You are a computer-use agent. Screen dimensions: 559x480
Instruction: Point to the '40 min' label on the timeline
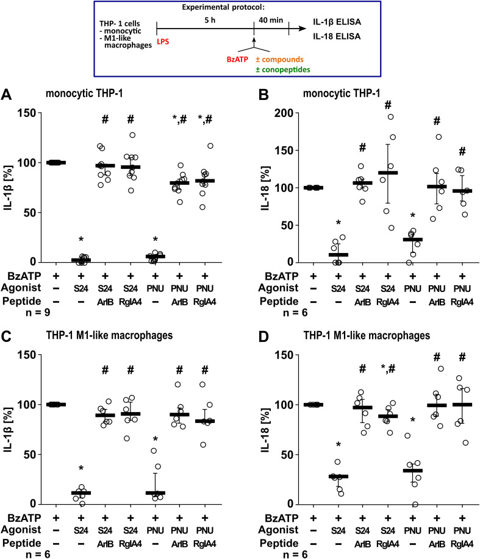pos(271,18)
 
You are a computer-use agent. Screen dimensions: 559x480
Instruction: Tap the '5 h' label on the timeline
pos(205,18)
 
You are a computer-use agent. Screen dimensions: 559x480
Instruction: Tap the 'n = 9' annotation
pos(37,298)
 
